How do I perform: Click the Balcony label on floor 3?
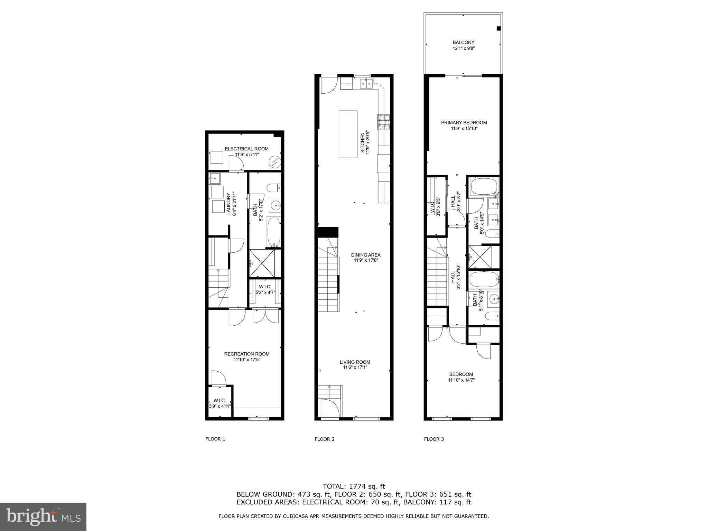pyautogui.click(x=463, y=43)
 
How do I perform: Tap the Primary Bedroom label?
pyautogui.click(x=464, y=123)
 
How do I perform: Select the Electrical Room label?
pyautogui.click(x=246, y=149)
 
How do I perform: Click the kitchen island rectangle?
pyautogui.click(x=348, y=134)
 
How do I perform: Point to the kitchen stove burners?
pyautogui.click(x=383, y=122)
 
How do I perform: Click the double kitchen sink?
pyautogui.click(x=366, y=83)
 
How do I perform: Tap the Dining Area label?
pyautogui.click(x=365, y=255)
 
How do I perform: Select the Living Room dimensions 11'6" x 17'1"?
pyautogui.click(x=355, y=368)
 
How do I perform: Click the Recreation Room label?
pyautogui.click(x=246, y=354)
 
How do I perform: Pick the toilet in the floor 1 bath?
pyautogui.click(x=274, y=188)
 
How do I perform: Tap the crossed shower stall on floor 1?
pyautogui.click(x=262, y=263)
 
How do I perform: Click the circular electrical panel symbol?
pyautogui.click(x=276, y=162)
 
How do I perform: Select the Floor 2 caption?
pyautogui.click(x=324, y=439)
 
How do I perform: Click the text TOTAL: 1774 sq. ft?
pyautogui.click(x=354, y=486)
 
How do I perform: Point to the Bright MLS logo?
pyautogui.click(x=43, y=517)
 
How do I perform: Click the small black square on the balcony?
pyautogui.click(x=499, y=29)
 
